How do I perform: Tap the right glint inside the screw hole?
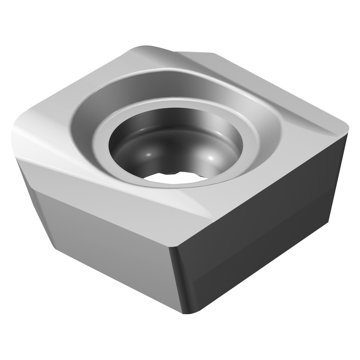(x=210, y=159)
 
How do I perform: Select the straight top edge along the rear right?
(x=281, y=86)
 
